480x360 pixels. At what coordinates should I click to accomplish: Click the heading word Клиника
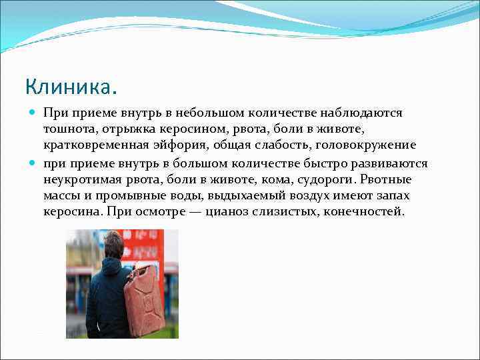pyautogui.click(x=71, y=87)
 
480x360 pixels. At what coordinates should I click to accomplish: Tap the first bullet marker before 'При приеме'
pyautogui.click(x=33, y=113)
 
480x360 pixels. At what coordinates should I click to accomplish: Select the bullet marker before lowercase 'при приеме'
pyautogui.click(x=33, y=163)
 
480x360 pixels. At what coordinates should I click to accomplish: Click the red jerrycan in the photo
pyautogui.click(x=145, y=300)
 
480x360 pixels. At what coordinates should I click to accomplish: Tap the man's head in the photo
pyautogui.click(x=114, y=243)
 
